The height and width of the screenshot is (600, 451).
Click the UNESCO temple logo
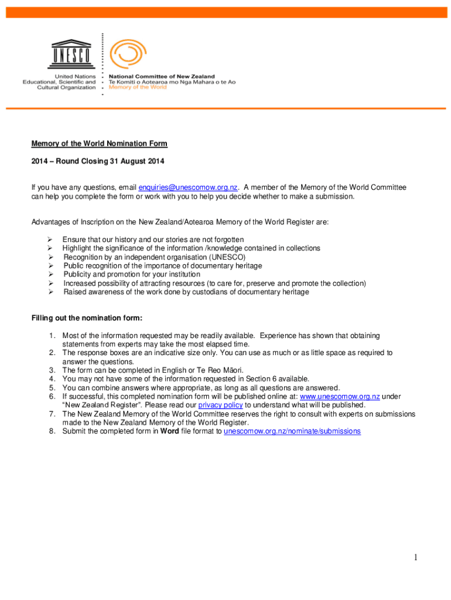tap(71, 55)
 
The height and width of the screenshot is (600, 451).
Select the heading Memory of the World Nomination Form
tap(99, 144)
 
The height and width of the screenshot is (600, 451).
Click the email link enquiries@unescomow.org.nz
tap(188, 187)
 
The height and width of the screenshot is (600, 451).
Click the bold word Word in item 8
tap(170, 431)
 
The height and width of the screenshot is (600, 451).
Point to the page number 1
tap(415, 558)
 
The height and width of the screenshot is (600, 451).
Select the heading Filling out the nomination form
tap(87, 318)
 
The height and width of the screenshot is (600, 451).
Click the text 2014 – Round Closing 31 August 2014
tap(98, 161)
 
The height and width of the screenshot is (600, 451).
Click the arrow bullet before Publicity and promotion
tap(51, 274)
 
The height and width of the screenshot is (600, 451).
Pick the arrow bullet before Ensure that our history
tap(51, 240)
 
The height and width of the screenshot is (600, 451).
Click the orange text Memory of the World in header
tap(138, 88)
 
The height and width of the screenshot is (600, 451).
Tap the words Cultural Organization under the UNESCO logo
tap(66, 88)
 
